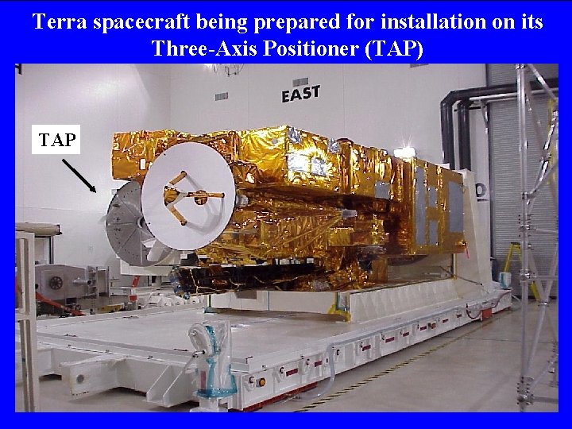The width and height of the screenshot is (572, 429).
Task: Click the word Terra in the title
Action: [x=60, y=21]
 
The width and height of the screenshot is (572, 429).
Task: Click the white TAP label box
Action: [x=57, y=140]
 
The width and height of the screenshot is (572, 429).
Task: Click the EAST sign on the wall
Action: [x=300, y=94]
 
